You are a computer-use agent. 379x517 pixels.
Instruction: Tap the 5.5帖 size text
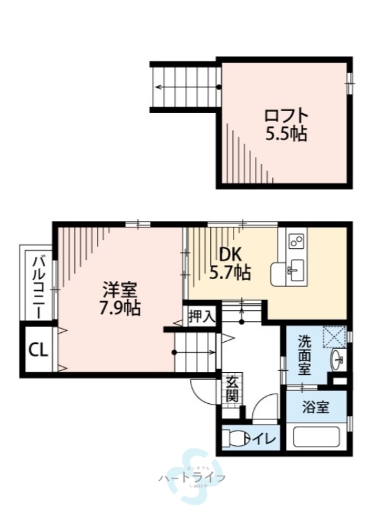pos(285,134)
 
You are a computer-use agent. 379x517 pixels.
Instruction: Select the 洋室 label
pos(120,289)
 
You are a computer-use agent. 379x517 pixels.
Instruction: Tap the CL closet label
pos(38,350)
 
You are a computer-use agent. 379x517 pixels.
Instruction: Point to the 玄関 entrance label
pos(232,388)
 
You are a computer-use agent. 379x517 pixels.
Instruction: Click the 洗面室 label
pos(305,355)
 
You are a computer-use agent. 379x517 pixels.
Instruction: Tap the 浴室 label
pos(316,408)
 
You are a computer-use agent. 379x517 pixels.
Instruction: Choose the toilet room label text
pos(263,439)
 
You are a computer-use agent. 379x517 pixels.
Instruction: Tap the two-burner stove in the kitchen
pos(297,241)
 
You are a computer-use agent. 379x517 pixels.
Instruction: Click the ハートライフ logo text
pos(191,478)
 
